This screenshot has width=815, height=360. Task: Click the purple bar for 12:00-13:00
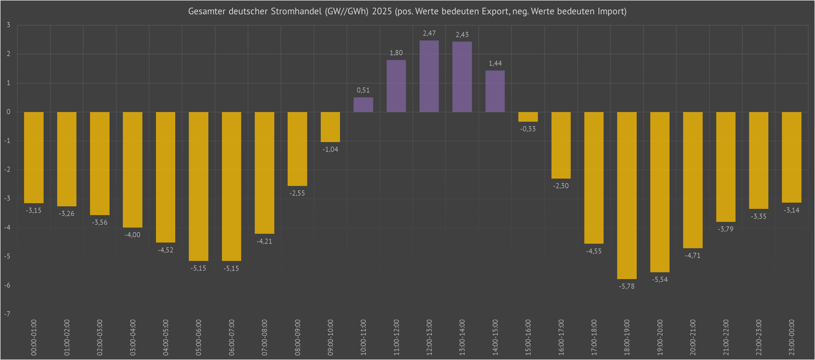pos(429,76)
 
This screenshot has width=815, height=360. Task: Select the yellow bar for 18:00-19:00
pos(627,195)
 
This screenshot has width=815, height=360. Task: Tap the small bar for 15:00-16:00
pos(528,117)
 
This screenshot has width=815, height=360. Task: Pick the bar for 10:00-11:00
pos(363,105)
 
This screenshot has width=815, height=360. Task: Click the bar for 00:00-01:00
pos(34,157)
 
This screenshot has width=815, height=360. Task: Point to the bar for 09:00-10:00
pos(330,127)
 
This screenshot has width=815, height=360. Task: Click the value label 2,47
pos(429,33)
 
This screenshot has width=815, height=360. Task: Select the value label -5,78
pos(627,286)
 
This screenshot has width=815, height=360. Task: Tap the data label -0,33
pos(528,129)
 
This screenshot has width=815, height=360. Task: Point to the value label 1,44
pos(495,63)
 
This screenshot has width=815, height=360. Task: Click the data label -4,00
pos(132,235)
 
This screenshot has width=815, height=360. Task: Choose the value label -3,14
pos(792,210)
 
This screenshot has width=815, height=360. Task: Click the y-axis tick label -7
pos(8,314)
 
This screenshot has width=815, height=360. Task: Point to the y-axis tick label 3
pos(8,25)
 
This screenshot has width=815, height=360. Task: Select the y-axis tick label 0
pos(8,112)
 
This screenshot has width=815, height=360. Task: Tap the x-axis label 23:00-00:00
pos(792,337)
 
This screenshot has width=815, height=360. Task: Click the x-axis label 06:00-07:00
pos(231,337)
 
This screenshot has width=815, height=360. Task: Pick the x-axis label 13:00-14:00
pos(462,337)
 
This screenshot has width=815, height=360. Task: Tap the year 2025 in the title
pos(382,11)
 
